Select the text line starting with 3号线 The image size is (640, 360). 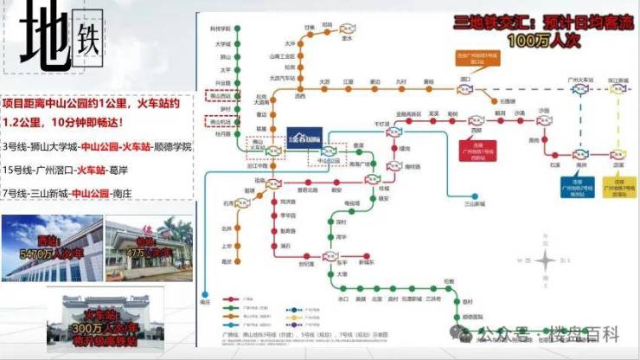(x=97, y=146)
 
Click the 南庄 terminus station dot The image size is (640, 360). (x=206, y=295)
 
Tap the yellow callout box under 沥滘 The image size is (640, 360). (x=618, y=187)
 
